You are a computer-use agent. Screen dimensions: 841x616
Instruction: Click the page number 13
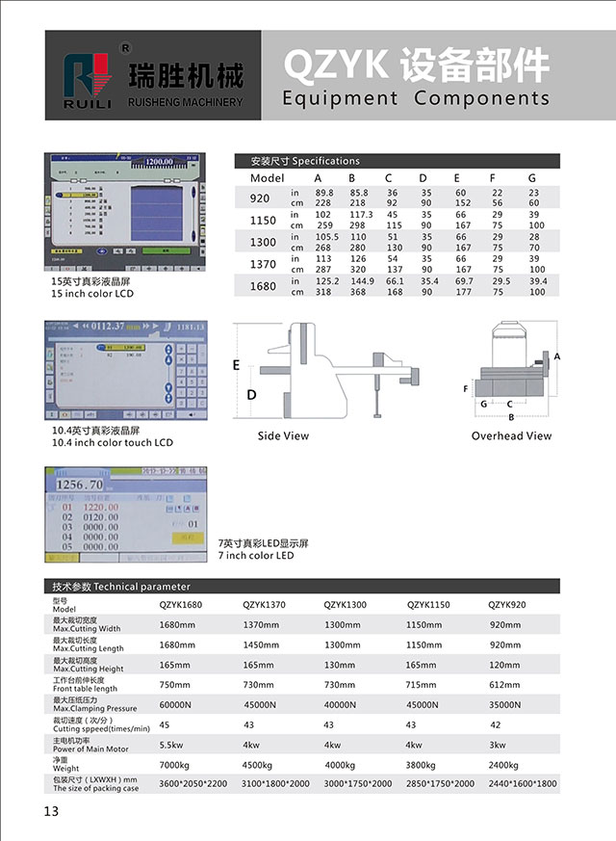(x=51, y=810)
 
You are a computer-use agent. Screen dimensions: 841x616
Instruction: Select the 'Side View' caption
(x=283, y=436)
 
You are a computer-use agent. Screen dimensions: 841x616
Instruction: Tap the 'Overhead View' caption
(x=511, y=436)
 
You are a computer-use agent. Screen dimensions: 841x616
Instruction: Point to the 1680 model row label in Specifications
(x=262, y=286)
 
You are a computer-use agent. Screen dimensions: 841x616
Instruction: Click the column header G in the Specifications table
(x=531, y=178)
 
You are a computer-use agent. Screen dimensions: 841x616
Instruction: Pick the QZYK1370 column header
(x=264, y=605)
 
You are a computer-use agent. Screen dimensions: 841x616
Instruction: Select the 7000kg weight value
(x=177, y=765)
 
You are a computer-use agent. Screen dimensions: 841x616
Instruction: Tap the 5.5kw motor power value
(x=170, y=745)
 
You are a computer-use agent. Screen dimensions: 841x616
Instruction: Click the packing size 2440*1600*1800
(x=523, y=784)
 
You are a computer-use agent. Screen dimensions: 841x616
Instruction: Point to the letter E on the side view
(x=236, y=365)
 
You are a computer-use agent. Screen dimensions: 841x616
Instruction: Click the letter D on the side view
(x=251, y=395)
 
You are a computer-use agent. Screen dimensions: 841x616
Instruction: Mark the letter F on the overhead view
(x=466, y=389)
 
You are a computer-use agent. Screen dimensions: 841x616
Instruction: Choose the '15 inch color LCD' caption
(x=92, y=294)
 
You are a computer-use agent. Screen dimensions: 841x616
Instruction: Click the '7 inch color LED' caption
(x=256, y=556)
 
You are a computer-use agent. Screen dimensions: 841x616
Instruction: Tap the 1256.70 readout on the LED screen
(x=80, y=485)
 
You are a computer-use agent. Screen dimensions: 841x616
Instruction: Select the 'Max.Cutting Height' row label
(x=89, y=669)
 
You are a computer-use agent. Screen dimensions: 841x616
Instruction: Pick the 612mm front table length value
(x=505, y=685)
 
